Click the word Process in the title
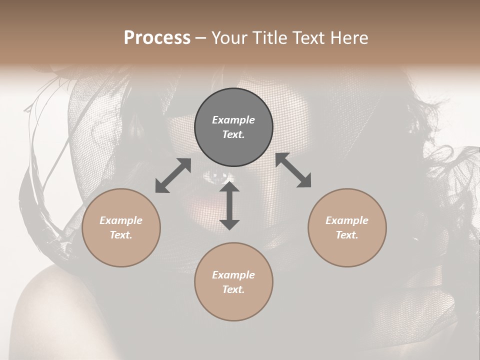tap(157, 38)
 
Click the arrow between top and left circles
tap(173, 175)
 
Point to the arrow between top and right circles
tap(293, 170)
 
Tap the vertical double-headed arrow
tap(229, 206)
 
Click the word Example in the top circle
tap(233, 120)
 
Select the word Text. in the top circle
tap(233, 134)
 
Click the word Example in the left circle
tap(121, 220)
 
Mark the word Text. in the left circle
tap(121, 235)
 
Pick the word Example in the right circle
tap(347, 220)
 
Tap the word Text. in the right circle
tap(347, 235)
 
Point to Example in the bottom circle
tap(233, 275)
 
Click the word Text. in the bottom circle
tap(233, 289)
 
